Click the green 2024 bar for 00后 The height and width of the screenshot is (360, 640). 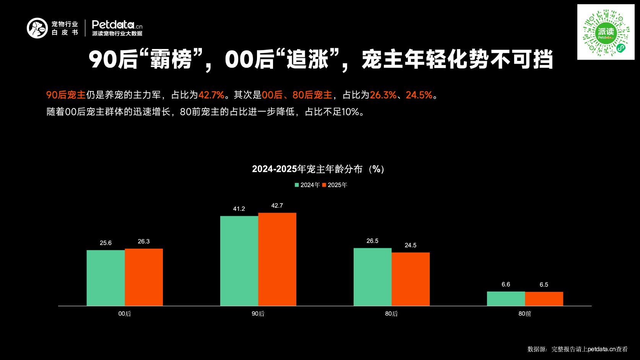pos(106,278)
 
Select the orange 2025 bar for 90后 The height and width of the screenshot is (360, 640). pos(277,259)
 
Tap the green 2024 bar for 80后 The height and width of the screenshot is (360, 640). pos(372,277)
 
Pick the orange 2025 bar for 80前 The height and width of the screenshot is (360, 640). pos(544,299)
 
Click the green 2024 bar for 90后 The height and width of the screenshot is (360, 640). pos(239,261)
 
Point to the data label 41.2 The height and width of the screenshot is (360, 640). pos(239,209)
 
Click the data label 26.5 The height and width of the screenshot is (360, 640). pos(372,241)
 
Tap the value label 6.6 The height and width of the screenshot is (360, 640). pos(506,285)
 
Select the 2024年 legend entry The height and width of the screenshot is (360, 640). pos(307,185)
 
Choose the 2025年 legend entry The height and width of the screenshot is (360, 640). pos(335,185)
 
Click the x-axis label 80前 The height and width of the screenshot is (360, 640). pos(525,314)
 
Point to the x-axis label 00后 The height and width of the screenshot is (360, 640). pos(125,314)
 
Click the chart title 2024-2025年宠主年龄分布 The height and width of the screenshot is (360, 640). pos(318,169)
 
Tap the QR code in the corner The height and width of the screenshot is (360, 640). pos(606,32)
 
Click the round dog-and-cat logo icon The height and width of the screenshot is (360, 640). pos(37,28)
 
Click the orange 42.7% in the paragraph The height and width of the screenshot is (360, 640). pos(211,95)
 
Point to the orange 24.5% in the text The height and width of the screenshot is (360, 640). pos(419,95)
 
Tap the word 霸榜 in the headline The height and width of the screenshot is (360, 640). pos(171,60)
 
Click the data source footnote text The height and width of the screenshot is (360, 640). pos(577,349)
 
